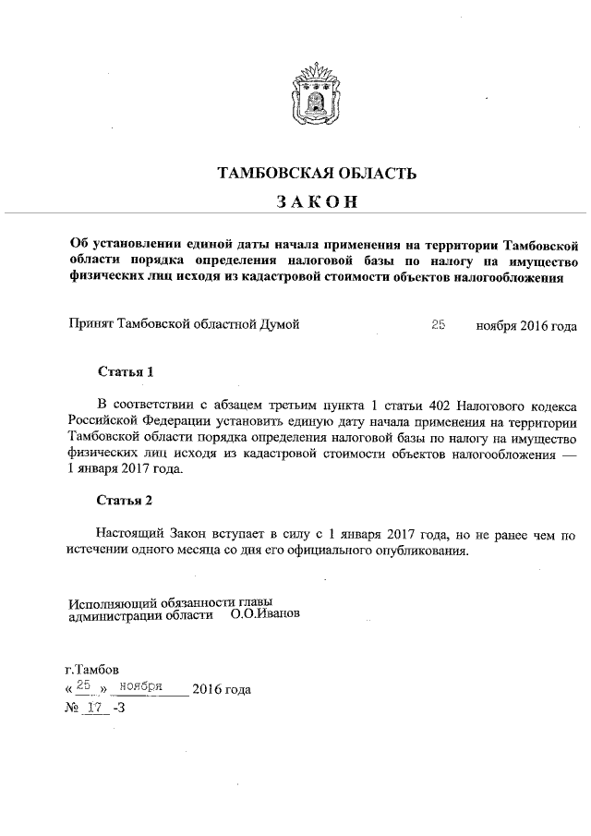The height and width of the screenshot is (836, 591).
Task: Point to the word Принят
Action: click(x=90, y=325)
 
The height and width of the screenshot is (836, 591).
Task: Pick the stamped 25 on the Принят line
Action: click(x=439, y=324)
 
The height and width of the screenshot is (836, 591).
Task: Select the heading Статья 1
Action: click(x=124, y=372)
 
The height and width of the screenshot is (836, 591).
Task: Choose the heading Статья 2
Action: click(x=124, y=502)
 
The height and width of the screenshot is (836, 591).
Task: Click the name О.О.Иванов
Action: click(x=265, y=613)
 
